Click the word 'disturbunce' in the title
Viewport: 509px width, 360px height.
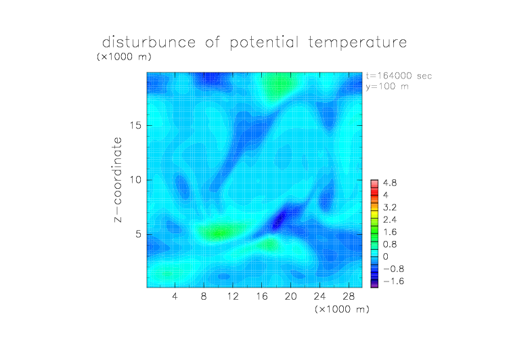[x=149, y=42]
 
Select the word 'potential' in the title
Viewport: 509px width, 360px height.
[x=264, y=43]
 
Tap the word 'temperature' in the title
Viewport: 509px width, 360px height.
[x=357, y=43]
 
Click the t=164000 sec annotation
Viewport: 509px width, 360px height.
[x=399, y=76]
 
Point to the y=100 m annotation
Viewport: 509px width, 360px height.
[x=387, y=87]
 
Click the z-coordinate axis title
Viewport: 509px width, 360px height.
[x=118, y=179]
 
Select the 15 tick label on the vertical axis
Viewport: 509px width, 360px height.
[x=135, y=125]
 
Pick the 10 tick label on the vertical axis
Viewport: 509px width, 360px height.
[x=135, y=180]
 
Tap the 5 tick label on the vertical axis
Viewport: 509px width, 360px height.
[x=139, y=234]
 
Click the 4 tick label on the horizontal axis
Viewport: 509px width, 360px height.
[x=175, y=296]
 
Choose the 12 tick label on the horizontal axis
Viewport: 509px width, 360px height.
[x=233, y=296]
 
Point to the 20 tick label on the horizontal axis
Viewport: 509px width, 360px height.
[x=290, y=296]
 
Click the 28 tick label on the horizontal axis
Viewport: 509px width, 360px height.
[x=349, y=296]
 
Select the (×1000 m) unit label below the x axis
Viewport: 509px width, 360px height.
[x=342, y=309]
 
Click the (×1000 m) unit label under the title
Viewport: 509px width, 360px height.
[x=124, y=56]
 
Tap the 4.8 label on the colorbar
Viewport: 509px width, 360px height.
[x=390, y=183]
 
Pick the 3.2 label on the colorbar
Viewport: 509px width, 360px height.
[x=390, y=208]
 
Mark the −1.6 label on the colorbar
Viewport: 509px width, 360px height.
[x=393, y=281]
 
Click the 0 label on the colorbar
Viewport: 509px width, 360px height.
[x=386, y=256]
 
